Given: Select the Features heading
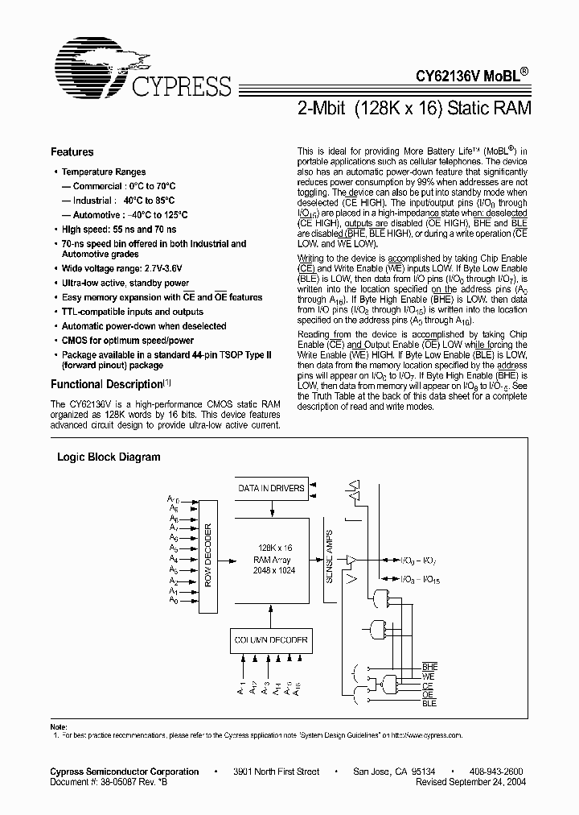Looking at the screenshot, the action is pyautogui.click(x=72, y=151).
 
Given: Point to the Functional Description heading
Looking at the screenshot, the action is pyautogui.click(x=107, y=384).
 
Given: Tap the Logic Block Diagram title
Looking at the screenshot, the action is pyautogui.click(x=109, y=457).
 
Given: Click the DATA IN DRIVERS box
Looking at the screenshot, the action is pyautogui.click(x=271, y=488).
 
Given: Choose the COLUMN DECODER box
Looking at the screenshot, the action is pyautogui.click(x=270, y=640).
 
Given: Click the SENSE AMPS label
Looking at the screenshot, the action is pyautogui.click(x=330, y=555).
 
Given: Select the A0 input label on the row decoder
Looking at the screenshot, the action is pyautogui.click(x=174, y=601).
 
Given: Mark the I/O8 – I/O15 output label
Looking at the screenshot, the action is pyautogui.click(x=421, y=578).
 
